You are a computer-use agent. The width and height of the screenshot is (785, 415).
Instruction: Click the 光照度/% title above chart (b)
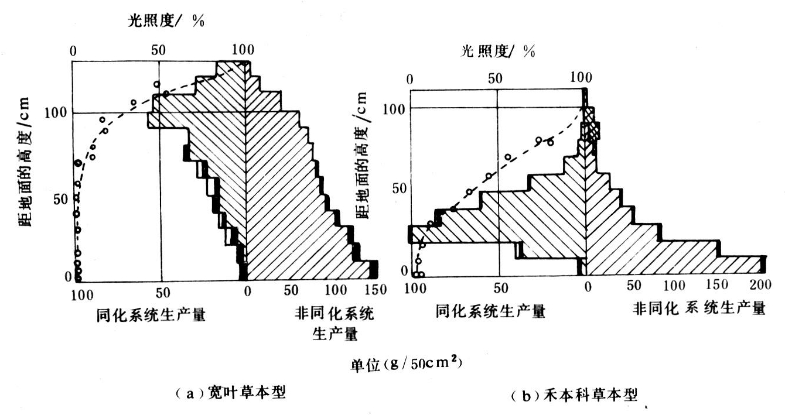coord(497,51)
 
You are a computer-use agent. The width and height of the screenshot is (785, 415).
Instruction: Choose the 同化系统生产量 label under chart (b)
coord(490,311)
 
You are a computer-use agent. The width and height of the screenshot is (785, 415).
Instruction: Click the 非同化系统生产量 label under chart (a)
coord(335,324)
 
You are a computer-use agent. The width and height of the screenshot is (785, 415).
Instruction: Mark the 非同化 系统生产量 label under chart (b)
coord(699,308)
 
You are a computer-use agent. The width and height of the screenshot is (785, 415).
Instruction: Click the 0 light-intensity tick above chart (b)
coord(409,78)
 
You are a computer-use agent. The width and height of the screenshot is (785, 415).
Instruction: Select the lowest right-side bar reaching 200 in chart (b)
coord(674,265)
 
